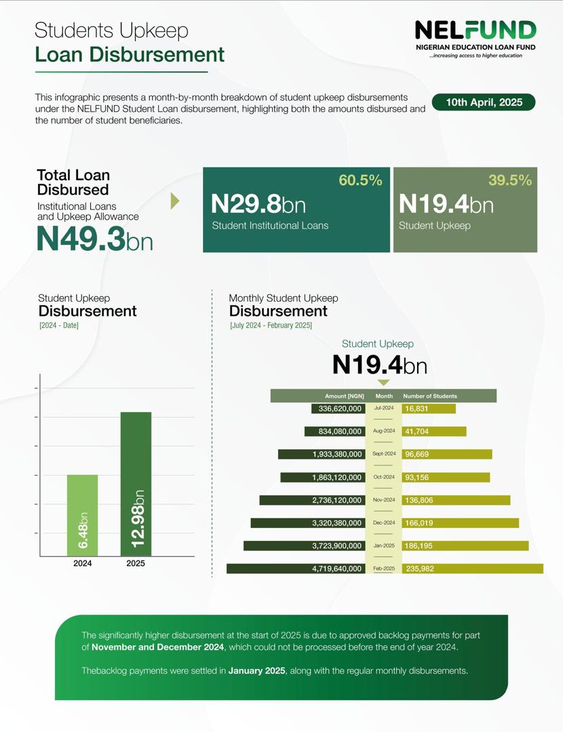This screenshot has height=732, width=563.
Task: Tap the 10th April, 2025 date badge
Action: (x=484, y=102)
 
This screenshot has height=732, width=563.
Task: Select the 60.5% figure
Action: (x=360, y=180)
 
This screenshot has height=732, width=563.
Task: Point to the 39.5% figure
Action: (x=509, y=180)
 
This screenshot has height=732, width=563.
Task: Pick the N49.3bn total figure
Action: (x=94, y=239)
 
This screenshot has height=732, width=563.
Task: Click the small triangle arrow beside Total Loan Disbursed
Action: (x=175, y=201)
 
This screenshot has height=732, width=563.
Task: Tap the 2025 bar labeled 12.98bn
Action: (x=136, y=484)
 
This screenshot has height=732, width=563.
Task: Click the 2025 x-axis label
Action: (x=136, y=563)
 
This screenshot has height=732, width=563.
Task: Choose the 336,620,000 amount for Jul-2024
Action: (x=338, y=409)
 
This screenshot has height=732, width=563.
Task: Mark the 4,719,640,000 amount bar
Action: (x=296, y=569)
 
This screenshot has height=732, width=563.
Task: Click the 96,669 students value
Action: (x=416, y=454)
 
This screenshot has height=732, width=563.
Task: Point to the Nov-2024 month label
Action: (x=384, y=500)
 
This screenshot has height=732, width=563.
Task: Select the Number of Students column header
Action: (x=430, y=396)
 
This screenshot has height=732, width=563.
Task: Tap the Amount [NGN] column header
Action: (x=345, y=396)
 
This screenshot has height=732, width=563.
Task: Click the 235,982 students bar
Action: (x=472, y=569)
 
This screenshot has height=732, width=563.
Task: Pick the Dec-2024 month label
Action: (x=384, y=523)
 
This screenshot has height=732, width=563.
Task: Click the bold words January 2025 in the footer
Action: (x=257, y=671)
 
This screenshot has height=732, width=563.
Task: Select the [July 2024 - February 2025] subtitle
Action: (x=271, y=326)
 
